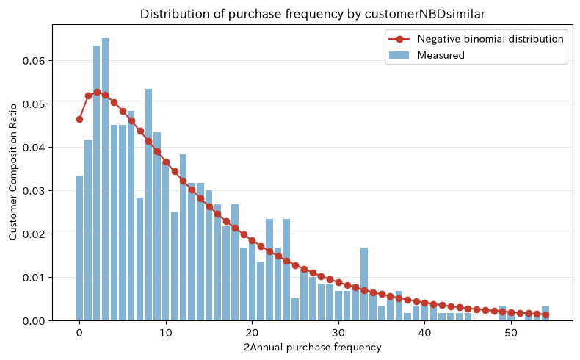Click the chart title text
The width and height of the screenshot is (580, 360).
pos(312,14)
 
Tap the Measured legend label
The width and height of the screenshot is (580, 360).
pos(441,55)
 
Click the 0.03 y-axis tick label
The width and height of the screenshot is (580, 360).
pos(34,191)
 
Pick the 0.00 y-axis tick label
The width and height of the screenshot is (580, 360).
pos(34,321)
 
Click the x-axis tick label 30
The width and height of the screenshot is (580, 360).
pos(338,333)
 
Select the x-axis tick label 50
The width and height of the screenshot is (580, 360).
pos(511,333)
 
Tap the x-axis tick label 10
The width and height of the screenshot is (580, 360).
pos(166,333)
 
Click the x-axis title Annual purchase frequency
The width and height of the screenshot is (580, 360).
pos(316,347)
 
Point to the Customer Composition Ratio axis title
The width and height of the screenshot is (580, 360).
pos(13,172)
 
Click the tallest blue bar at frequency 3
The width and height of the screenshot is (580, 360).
pos(106,179)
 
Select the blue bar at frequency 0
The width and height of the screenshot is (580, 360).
pos(79,248)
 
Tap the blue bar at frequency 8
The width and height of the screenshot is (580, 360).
pos(149,204)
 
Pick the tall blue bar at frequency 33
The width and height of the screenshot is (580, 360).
pos(364,284)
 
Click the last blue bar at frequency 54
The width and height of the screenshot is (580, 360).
pos(545,313)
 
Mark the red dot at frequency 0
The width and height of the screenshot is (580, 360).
pos(79,119)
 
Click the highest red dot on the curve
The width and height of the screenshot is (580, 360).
pos(97,92)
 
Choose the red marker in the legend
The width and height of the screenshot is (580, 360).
pos(399,39)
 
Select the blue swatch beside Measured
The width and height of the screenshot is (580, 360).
pos(399,55)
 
